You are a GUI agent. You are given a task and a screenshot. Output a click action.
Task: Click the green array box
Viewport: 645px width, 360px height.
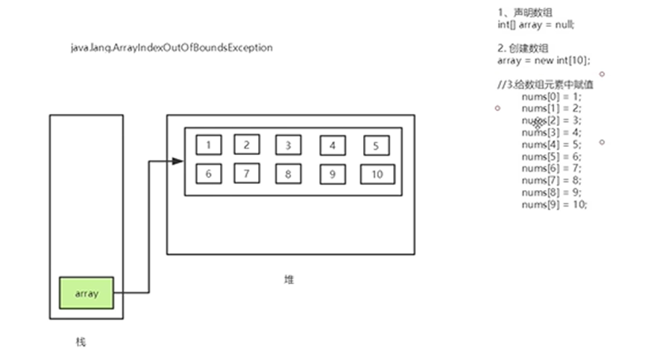[86, 293]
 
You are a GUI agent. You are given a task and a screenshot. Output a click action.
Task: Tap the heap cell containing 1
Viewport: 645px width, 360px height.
[209, 145]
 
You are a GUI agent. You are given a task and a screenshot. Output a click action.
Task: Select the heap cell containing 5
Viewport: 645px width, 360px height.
[377, 145]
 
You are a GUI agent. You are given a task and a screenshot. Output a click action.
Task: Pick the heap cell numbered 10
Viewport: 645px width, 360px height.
[377, 174]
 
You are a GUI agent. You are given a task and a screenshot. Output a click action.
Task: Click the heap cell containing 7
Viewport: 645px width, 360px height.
[246, 173]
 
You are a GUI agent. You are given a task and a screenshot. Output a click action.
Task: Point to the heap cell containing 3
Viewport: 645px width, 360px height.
[288, 145]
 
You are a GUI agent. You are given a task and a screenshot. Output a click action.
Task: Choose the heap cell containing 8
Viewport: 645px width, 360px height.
[288, 174]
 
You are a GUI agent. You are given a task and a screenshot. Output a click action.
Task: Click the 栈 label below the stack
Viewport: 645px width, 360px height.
[81, 342]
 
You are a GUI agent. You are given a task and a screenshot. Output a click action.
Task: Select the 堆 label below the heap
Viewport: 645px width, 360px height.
[289, 280]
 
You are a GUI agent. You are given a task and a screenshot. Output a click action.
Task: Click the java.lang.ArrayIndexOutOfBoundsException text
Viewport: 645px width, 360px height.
[172, 48]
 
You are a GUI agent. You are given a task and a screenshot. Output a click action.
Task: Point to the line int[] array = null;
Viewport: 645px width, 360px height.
[536, 25]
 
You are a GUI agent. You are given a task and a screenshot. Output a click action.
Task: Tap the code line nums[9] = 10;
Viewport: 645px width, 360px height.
[554, 203]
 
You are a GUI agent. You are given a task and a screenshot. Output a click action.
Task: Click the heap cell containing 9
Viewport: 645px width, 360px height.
[333, 174]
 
